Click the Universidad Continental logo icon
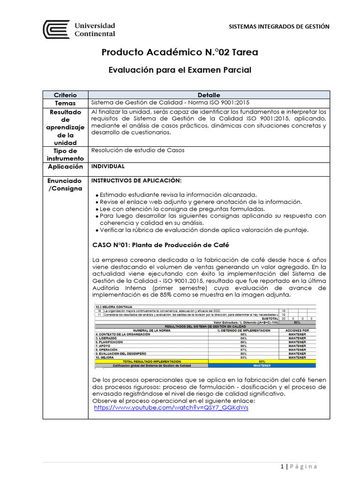coord(56,29)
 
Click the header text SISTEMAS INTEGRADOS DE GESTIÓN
coord(278,27)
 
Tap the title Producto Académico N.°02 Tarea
coord(180,52)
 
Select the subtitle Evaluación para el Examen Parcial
coord(180,70)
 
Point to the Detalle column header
coord(209,95)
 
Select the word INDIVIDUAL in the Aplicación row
coord(108,166)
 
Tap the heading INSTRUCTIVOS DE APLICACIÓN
coord(135,180)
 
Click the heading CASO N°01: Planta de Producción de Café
coord(160,245)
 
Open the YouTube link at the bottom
coord(171,408)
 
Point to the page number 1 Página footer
coord(299,466)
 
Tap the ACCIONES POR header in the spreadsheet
coord(297,330)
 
